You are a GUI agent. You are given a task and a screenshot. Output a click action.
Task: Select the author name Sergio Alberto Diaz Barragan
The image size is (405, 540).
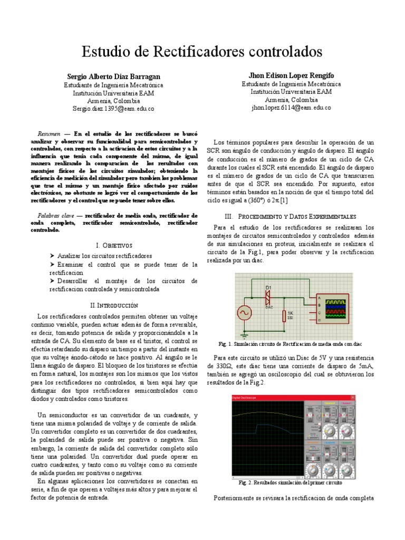pos(113,76)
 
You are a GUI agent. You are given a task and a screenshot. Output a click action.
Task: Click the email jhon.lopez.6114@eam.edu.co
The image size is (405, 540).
pos(291,108)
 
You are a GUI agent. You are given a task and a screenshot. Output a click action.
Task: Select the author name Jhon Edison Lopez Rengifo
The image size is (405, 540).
pos(291,76)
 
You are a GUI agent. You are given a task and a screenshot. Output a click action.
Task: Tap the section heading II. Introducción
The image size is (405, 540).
pos(114,305)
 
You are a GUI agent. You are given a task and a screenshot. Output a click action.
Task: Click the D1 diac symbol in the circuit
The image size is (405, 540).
pos(268,297)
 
